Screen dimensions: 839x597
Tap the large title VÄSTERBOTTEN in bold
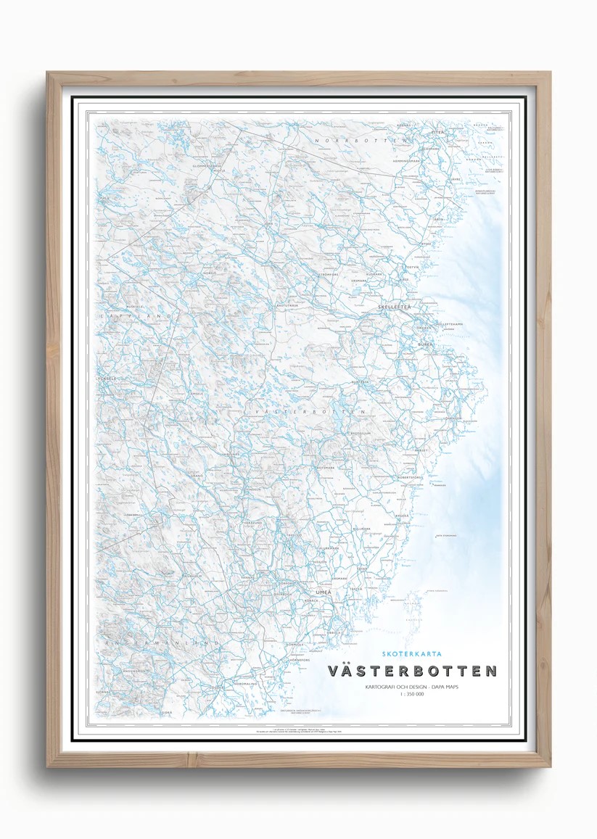point(413,671)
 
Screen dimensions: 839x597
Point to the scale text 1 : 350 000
point(412,694)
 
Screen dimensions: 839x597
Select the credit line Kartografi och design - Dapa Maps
point(411,685)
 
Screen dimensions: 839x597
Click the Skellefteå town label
point(395,308)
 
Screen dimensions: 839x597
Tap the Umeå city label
point(324,592)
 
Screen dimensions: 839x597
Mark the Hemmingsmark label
point(406,160)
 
